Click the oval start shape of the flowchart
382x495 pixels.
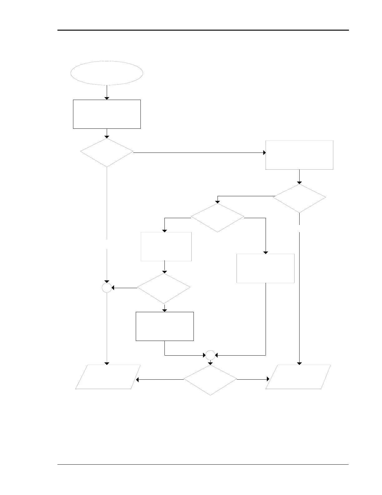pyautogui.click(x=107, y=73)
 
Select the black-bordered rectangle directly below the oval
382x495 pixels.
pyautogui.click(x=107, y=114)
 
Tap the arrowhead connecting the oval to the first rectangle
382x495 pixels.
pyautogui.click(x=107, y=98)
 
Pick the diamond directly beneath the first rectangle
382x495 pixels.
pyautogui.click(x=107, y=153)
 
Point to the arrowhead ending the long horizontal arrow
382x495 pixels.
pyautogui.click(x=264, y=153)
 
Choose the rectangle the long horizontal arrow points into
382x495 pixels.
pyautogui.click(x=299, y=155)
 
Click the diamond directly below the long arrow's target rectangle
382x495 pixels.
pyautogui.click(x=299, y=198)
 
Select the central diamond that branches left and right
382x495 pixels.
pyautogui.click(x=218, y=218)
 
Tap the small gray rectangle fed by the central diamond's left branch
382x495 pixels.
pyautogui.click(x=166, y=247)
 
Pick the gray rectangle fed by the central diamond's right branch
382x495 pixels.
pyautogui.click(x=266, y=268)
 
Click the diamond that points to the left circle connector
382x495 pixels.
pyautogui.click(x=164, y=288)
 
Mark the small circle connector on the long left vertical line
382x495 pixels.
pyautogui.click(x=107, y=288)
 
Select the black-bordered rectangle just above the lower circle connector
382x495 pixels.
pyautogui.click(x=165, y=326)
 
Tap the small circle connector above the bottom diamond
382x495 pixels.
pyautogui.click(x=210, y=355)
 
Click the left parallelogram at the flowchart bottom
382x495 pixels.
pyautogui.click(x=108, y=377)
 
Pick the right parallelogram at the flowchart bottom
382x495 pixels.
pyautogui.click(x=298, y=377)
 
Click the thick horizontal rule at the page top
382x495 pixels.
pyautogui.click(x=203, y=30)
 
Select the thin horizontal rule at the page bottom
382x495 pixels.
pyautogui.click(x=203, y=465)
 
